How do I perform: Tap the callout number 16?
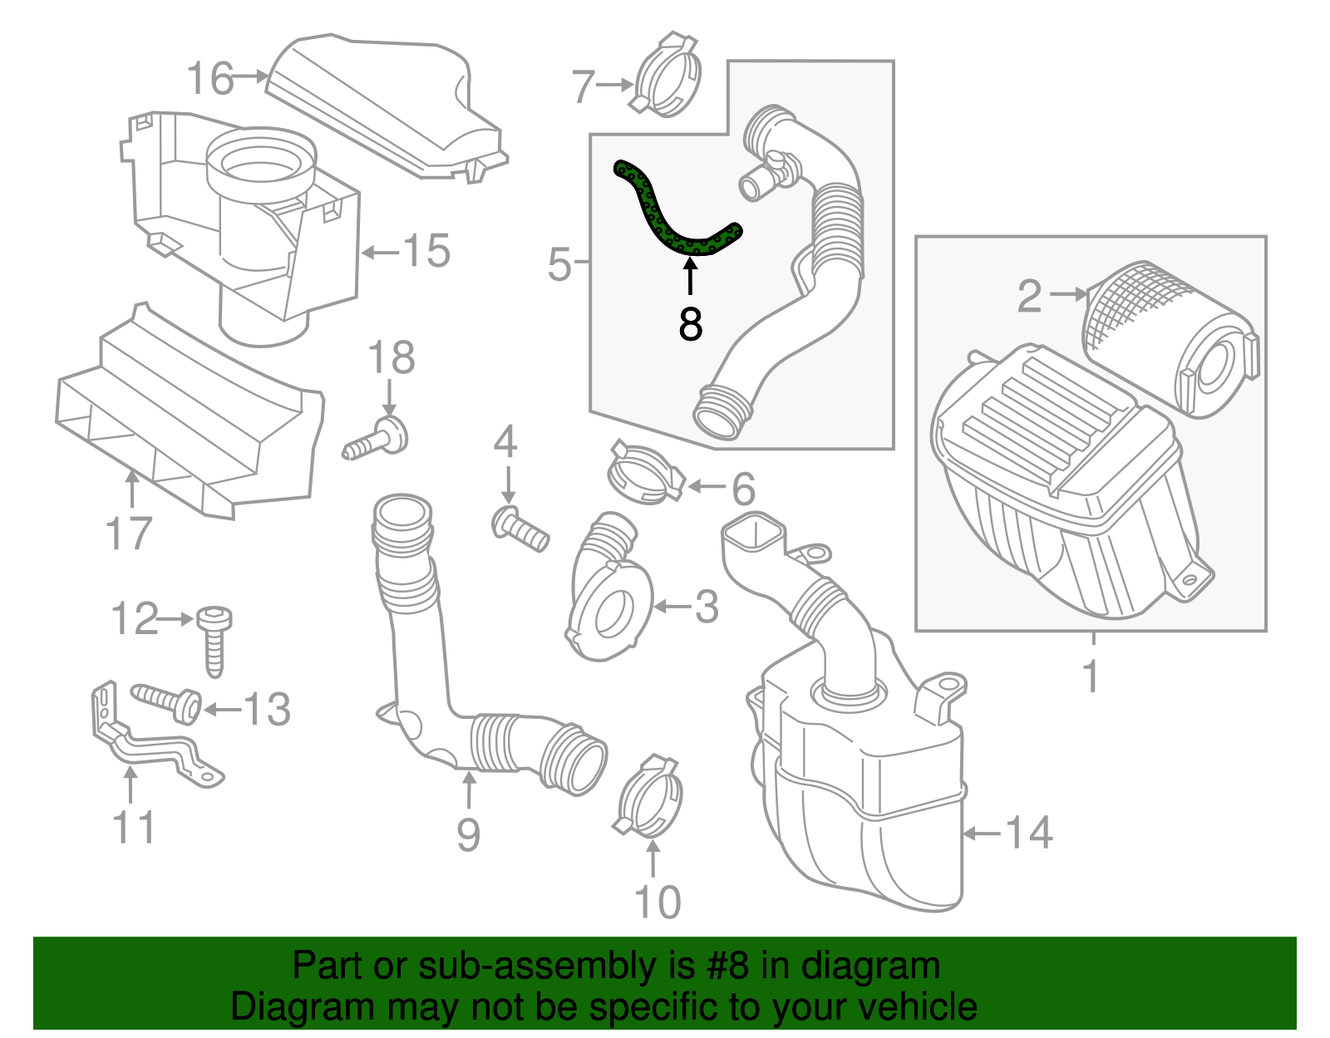pos(209,79)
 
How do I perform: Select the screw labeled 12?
pos(214,640)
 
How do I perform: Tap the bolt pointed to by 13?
pos(169,701)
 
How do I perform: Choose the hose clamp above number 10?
pos(651,799)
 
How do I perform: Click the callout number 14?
pos(1029,833)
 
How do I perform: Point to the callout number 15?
pos(426,251)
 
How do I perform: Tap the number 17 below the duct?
pos(129,534)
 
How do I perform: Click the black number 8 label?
pos(690,324)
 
